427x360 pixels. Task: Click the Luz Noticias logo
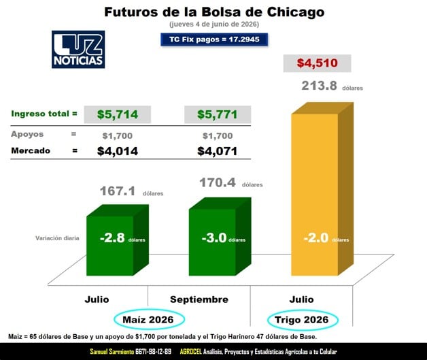[x=78, y=49]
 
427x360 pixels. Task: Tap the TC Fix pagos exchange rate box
[x=214, y=39]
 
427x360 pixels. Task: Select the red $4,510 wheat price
[x=318, y=63]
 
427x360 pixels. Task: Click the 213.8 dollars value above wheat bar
[x=319, y=86]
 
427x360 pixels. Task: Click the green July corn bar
[x=118, y=240]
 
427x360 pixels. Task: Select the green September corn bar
[x=220, y=237]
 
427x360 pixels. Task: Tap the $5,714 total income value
[x=118, y=114]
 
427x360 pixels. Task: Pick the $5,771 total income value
[x=218, y=114]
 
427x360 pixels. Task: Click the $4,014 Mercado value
[x=118, y=151]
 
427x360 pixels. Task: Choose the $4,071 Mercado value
[x=218, y=151]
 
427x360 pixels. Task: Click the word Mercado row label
[x=31, y=150]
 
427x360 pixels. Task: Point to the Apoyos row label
[x=27, y=134]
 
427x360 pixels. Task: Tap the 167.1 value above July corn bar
[x=118, y=191]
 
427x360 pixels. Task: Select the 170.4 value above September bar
[x=218, y=182]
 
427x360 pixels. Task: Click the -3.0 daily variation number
[x=214, y=238]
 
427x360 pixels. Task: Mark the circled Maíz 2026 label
[x=149, y=320]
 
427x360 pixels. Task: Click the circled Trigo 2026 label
[x=303, y=320]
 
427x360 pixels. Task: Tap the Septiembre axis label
[x=199, y=299]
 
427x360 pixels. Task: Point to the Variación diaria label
[x=57, y=238]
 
